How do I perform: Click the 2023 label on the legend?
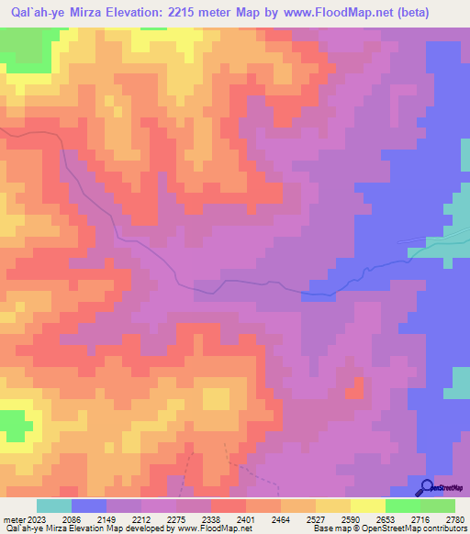coord(34,519)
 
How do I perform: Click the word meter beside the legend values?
coord(12,519)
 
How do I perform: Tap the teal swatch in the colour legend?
coord(54,506)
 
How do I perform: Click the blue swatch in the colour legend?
coord(89,506)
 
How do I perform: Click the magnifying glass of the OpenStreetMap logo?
coord(426,487)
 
